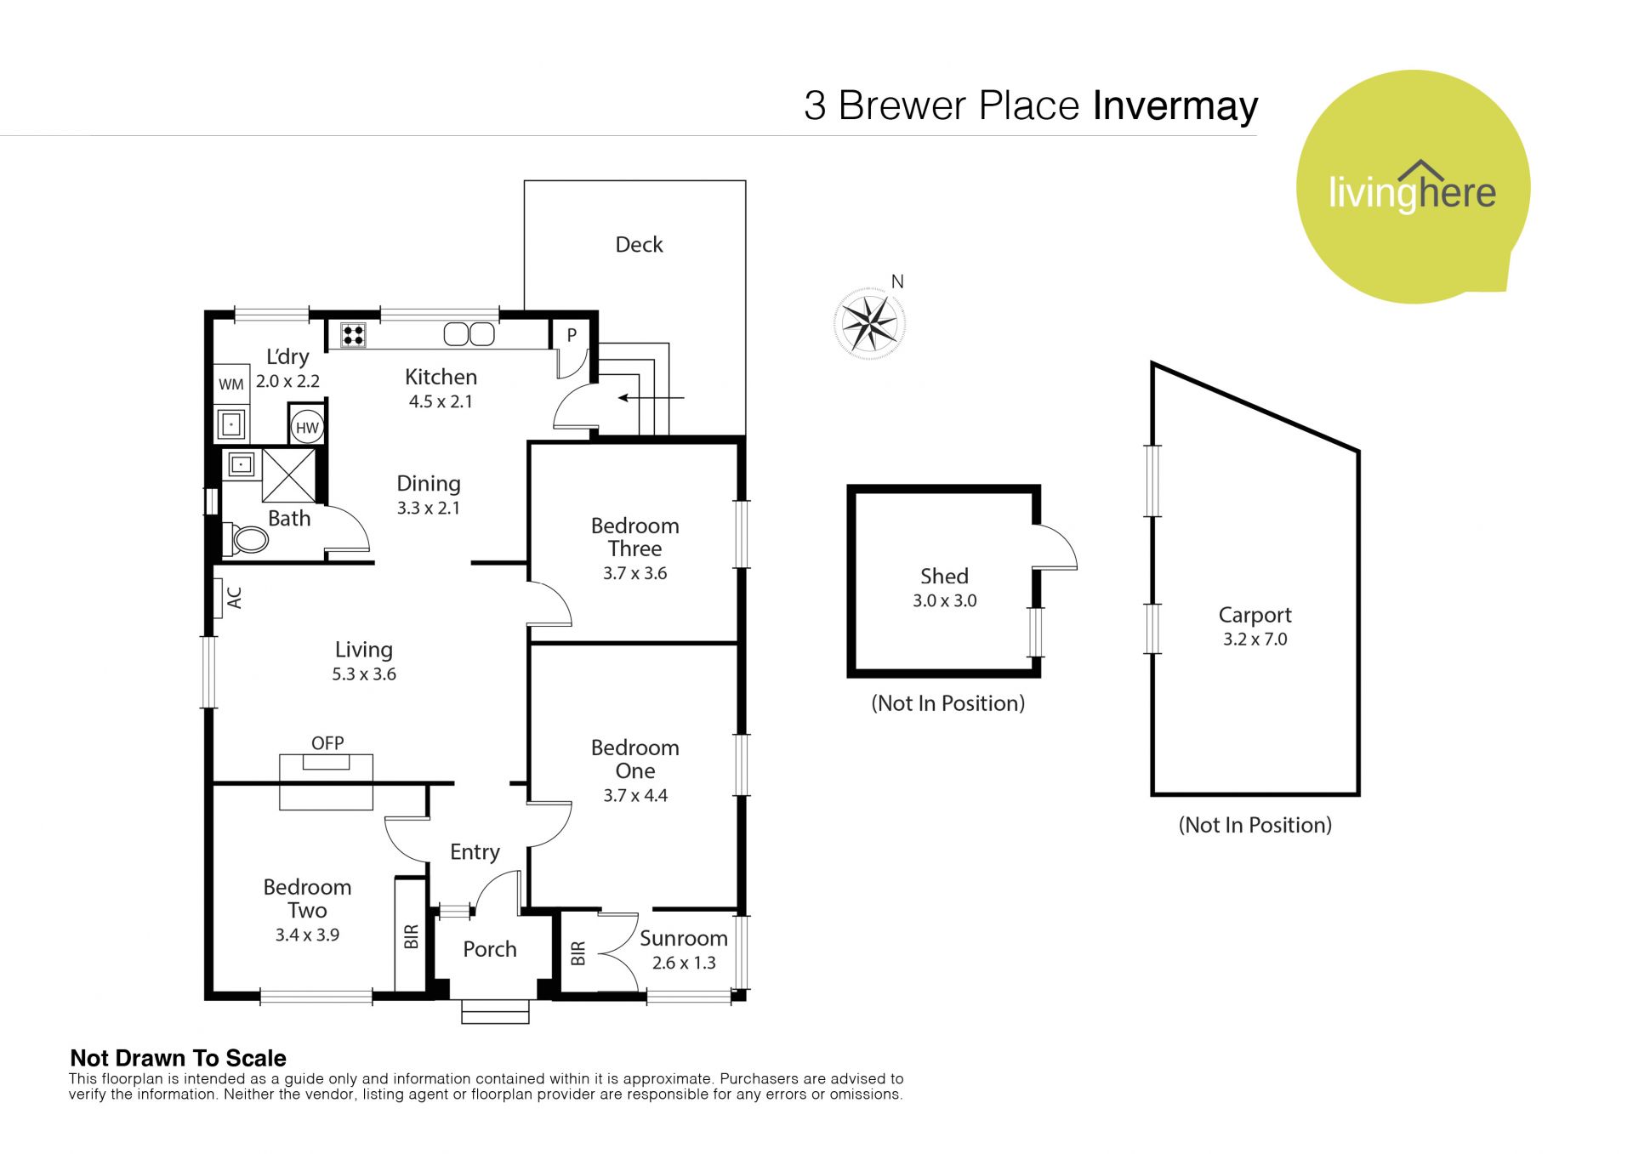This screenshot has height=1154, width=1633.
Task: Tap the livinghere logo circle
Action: coord(1413,186)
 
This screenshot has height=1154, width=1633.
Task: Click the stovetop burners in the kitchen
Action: coord(354,335)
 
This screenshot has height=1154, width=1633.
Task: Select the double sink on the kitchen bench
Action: coord(469,334)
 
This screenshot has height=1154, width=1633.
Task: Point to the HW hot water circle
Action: coord(307,428)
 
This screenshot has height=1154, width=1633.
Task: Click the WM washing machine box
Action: coord(231,384)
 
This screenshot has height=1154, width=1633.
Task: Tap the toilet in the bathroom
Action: coord(245,537)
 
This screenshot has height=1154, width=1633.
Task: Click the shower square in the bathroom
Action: coord(288,475)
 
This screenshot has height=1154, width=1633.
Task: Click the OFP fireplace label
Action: coord(327,743)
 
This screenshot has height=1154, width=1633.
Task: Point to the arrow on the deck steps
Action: coord(651,397)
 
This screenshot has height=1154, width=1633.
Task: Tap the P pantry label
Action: coord(572,335)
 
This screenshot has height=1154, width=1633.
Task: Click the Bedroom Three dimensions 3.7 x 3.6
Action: coord(634,573)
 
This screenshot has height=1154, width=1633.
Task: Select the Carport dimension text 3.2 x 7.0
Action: coord(1255,640)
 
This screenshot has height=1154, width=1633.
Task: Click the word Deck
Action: coord(639,245)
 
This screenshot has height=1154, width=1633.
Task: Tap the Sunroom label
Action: coord(684,938)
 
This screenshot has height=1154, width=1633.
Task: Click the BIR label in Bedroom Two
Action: coord(412,937)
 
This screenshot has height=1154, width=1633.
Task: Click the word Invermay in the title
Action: coord(1175,106)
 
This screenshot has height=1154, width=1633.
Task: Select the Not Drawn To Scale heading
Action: coord(178,1059)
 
